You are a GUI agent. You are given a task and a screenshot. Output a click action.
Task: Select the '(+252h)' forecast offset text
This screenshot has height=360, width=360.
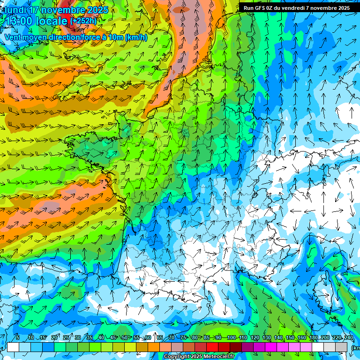pyautogui.click(x=83, y=21)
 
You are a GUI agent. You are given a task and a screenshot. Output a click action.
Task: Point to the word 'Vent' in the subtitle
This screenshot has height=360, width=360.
pyautogui.click(x=14, y=37)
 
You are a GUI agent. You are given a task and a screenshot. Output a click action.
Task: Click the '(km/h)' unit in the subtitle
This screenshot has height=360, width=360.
pyautogui.click(x=136, y=37)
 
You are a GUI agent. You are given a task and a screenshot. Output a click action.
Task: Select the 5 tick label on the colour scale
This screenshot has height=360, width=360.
pyautogui.click(x=18, y=337)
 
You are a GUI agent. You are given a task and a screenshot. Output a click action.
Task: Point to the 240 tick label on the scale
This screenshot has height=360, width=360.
pyautogui.click(x=348, y=337)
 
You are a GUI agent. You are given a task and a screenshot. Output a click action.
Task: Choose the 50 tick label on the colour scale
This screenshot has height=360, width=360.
pyautogui.click(x=124, y=337)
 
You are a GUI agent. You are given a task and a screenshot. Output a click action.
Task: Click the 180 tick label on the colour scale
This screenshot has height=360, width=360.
pyautogui.click(x=313, y=337)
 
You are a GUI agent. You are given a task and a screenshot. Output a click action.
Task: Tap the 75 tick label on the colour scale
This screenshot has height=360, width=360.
pyautogui.click(x=183, y=337)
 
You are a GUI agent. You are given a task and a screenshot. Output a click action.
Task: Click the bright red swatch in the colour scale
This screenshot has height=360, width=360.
pyautogui.click(x=212, y=347)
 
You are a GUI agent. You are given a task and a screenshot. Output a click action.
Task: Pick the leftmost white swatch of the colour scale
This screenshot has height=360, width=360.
pyautogui.click(x=13, y=347)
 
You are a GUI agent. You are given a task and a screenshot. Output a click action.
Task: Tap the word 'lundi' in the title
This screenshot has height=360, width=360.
pyautogui.click(x=15, y=10)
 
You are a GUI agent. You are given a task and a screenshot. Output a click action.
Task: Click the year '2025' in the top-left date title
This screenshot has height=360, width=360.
pyautogui.click(x=97, y=10)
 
